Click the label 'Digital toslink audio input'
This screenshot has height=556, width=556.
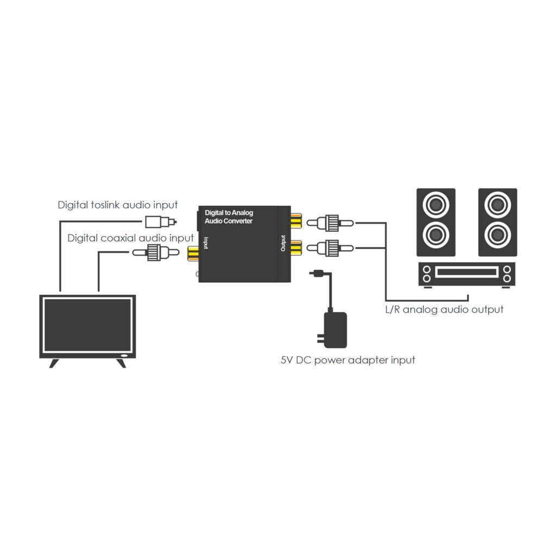point(118,205)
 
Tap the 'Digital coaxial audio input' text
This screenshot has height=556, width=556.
point(130,238)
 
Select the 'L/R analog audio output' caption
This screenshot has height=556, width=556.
point(443,309)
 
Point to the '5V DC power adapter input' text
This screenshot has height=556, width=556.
point(347,360)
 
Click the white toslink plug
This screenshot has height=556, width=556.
point(159,222)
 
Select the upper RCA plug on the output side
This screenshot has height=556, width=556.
point(329,222)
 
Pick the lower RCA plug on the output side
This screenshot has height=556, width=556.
point(329,248)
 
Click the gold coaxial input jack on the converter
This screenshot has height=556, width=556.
point(193,253)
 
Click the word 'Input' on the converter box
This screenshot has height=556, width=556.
point(206,243)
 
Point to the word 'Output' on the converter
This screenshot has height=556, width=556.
point(283,243)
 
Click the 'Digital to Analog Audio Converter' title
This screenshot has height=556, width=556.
point(229,217)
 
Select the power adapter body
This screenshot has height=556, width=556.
point(335,330)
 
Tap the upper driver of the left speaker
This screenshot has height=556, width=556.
point(435,206)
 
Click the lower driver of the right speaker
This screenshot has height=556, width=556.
point(497,236)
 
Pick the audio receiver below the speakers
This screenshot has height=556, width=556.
point(466,274)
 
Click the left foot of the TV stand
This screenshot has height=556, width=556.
point(54,363)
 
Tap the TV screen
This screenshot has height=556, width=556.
point(87,325)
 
